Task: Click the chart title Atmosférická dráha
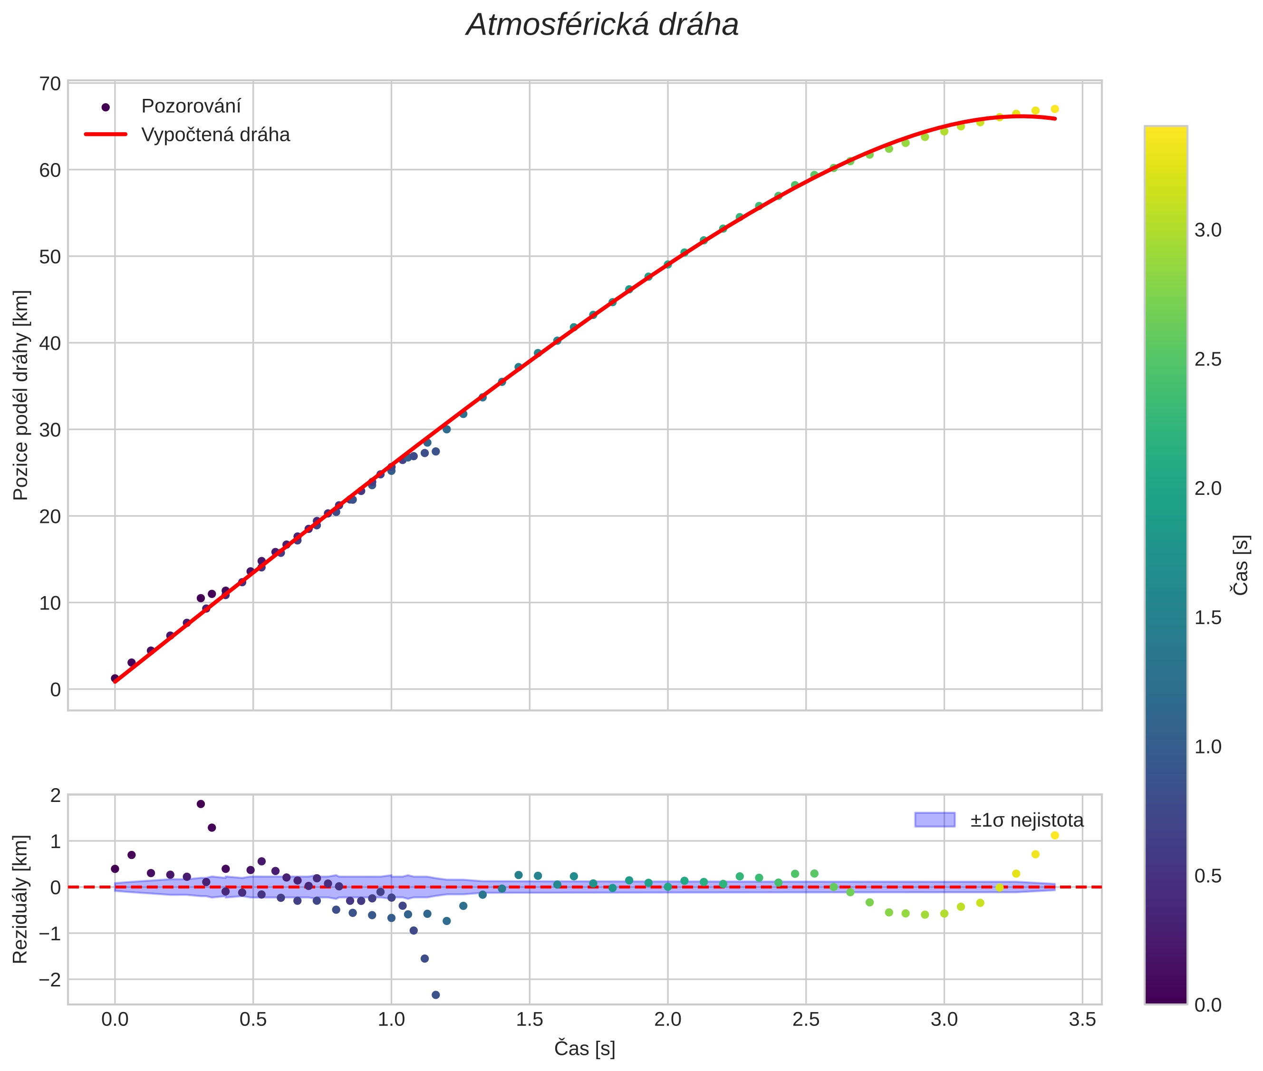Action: click(x=602, y=26)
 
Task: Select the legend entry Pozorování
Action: click(x=191, y=106)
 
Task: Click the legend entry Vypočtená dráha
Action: click(x=215, y=135)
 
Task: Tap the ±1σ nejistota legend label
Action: click(x=1026, y=820)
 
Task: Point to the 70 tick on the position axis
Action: click(x=51, y=84)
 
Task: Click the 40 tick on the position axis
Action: click(x=51, y=344)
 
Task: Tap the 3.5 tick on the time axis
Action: click(x=1082, y=1019)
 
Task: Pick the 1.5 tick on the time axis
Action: click(x=530, y=1019)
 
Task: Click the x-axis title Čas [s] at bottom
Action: click(x=584, y=1049)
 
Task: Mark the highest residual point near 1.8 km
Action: click(x=201, y=804)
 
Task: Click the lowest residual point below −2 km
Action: click(x=435, y=995)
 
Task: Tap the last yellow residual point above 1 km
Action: click(x=1055, y=835)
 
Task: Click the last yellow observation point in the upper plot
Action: click(x=1055, y=109)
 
